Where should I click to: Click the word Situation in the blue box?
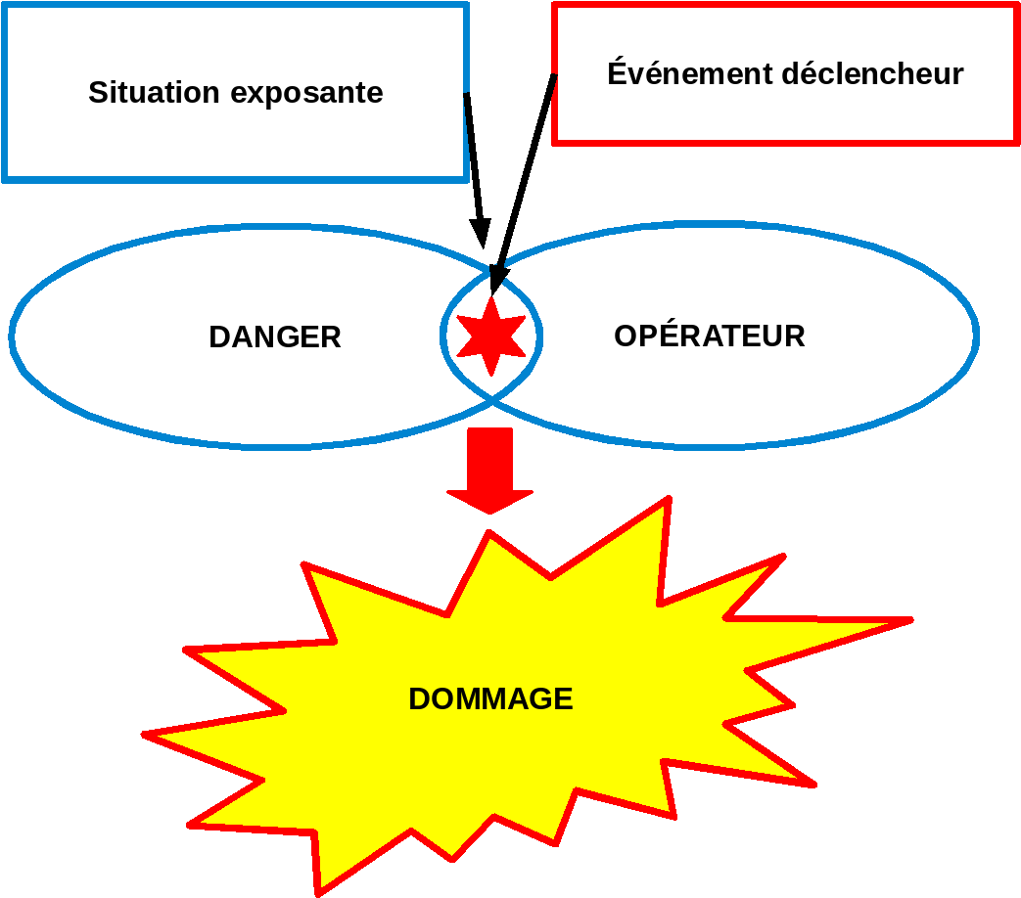tap(154, 92)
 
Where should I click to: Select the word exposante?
tap(306, 94)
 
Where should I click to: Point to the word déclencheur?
tap(872, 73)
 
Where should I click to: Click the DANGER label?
tap(275, 337)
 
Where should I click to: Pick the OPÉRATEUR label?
tap(709, 335)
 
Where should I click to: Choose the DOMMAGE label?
tap(490, 698)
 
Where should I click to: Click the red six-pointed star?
tap(491, 337)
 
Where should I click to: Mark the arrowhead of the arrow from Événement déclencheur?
tap(498, 281)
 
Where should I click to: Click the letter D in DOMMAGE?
tap(420, 698)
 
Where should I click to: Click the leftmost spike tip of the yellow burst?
tap(143, 735)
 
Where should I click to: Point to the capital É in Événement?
tap(618, 71)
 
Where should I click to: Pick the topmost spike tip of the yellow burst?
tap(669, 498)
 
